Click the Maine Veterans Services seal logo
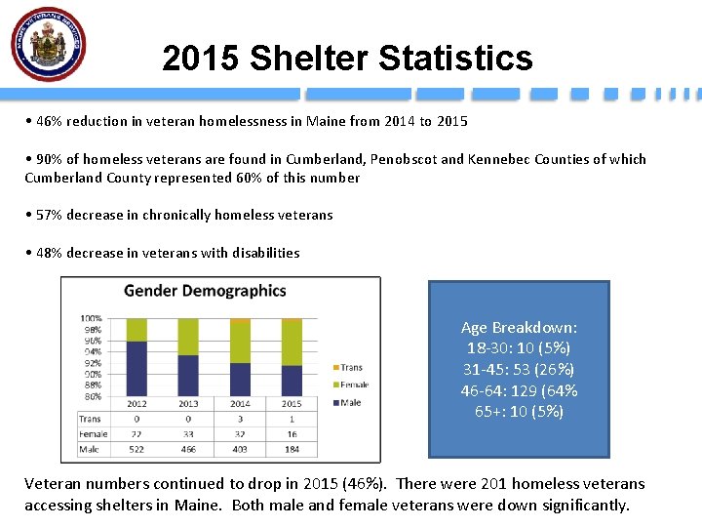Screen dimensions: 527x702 (x=49, y=44)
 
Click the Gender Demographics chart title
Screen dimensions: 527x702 (x=205, y=291)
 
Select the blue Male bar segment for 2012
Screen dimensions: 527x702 (x=136, y=368)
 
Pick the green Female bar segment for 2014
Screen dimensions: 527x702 (x=240, y=342)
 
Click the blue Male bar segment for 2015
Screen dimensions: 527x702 (x=292, y=380)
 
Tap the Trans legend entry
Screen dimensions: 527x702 (x=352, y=368)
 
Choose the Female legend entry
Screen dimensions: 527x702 (x=354, y=385)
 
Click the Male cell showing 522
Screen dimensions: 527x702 (x=136, y=450)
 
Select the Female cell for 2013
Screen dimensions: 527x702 (x=188, y=434)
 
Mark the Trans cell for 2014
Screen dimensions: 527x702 (x=240, y=419)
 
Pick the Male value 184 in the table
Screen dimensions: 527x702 (x=292, y=450)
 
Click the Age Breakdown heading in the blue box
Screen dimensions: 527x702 (x=519, y=328)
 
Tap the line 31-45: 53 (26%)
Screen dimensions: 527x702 (x=519, y=369)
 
